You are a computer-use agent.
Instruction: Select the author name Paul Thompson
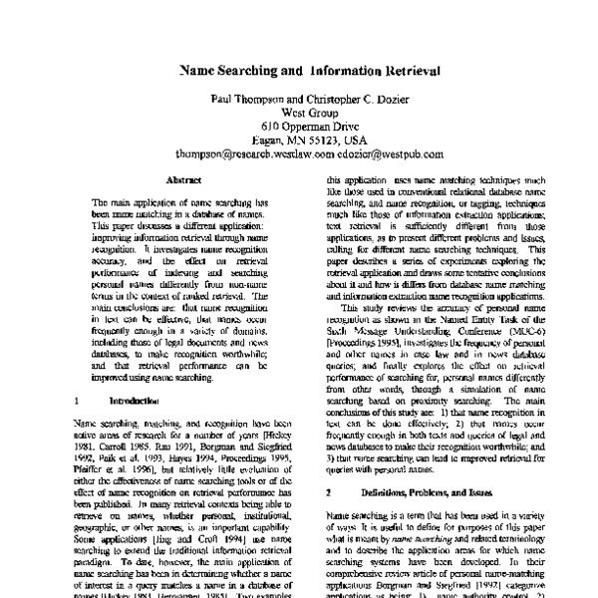[245, 100]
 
